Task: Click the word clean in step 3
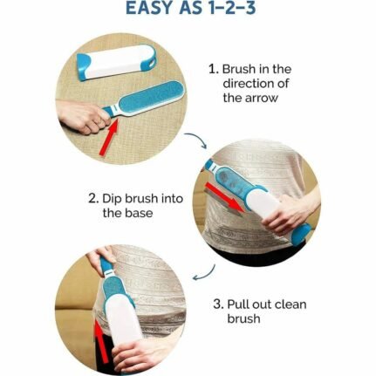pyautogui.click(x=291, y=304)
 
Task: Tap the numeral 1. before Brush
pyautogui.click(x=214, y=69)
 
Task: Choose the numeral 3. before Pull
pyautogui.click(x=218, y=304)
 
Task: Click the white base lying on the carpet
pyautogui.click(x=116, y=62)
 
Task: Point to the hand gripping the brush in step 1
pyautogui.click(x=83, y=115)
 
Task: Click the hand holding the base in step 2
pyautogui.click(x=287, y=215)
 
